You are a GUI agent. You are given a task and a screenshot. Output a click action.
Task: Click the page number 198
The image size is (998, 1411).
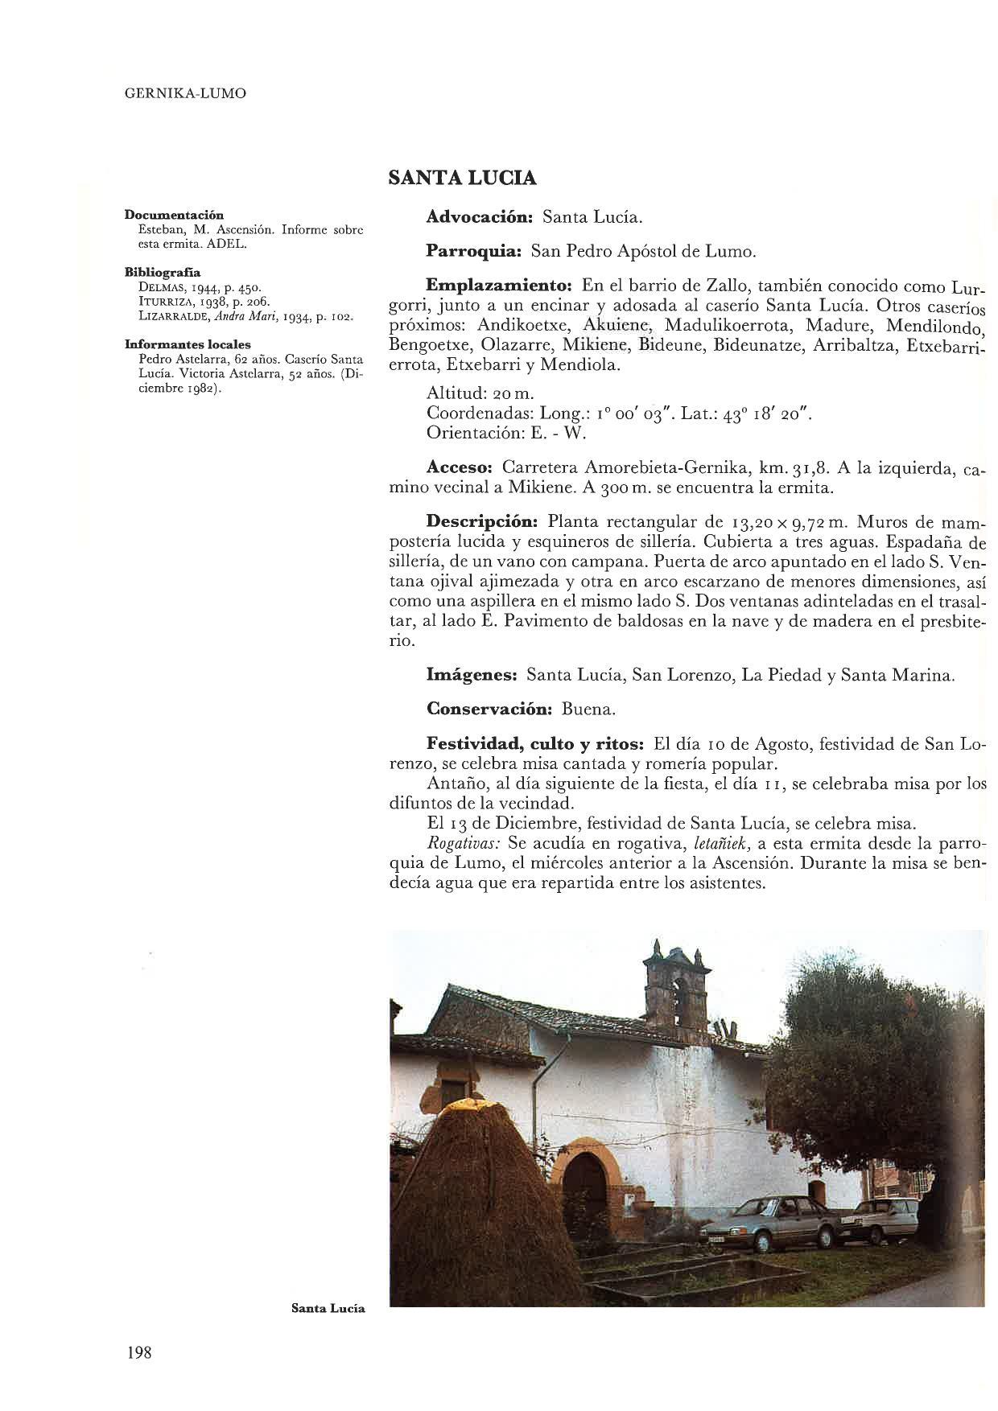click(139, 1352)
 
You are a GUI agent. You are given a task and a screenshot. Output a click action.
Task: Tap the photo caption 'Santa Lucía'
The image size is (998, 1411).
click(328, 1308)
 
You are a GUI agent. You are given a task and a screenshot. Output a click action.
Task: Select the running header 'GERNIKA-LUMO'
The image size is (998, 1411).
click(186, 93)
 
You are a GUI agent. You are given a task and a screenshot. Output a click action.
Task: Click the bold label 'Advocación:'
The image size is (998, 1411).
click(480, 217)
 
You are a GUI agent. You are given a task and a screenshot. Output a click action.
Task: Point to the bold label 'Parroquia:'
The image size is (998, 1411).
click(474, 252)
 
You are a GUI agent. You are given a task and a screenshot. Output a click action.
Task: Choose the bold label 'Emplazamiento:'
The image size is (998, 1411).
click(498, 286)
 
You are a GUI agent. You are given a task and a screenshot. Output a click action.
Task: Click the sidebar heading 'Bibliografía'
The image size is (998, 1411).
click(163, 272)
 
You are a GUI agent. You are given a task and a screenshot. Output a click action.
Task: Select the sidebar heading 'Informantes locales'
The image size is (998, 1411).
click(188, 344)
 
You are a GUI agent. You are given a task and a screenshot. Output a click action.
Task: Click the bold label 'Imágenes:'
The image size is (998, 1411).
click(471, 675)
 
